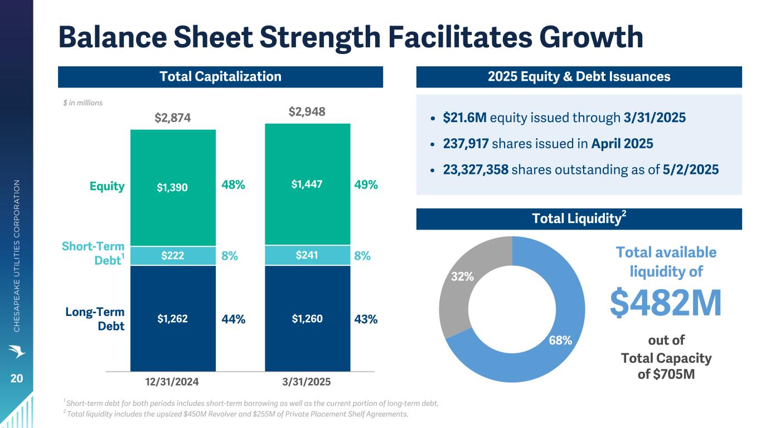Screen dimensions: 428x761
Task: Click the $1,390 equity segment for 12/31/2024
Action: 173,188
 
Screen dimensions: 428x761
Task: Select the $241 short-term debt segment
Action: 307,256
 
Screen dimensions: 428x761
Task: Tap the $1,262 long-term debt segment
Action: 173,319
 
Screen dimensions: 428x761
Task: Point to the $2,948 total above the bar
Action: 307,112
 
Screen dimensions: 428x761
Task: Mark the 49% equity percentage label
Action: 366,185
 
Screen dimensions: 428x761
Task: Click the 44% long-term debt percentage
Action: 233,319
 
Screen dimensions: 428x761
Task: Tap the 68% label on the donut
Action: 560,340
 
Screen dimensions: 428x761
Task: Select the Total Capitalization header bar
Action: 220,76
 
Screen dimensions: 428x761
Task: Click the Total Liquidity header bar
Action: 579,219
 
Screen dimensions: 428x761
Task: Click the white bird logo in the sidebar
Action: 17,352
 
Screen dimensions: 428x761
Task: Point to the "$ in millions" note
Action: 83,103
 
